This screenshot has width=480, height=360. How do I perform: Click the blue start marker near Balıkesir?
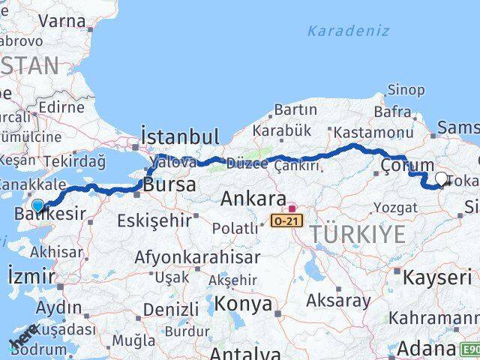point(37,205)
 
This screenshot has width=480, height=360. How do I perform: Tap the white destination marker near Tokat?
point(441,179)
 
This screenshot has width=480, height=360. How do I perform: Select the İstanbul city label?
point(180,137)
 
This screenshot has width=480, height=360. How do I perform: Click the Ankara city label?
point(253,199)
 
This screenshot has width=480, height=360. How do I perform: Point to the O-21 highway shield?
point(288,221)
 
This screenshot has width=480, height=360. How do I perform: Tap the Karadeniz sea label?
point(348,31)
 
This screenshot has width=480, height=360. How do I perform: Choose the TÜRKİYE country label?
point(358,234)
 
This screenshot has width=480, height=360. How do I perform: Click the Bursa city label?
point(170,184)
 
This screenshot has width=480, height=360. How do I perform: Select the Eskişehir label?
point(152,221)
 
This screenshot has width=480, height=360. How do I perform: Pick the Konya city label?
point(243,304)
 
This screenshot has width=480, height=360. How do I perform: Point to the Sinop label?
point(406,90)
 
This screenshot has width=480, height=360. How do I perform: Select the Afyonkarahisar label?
point(197,257)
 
